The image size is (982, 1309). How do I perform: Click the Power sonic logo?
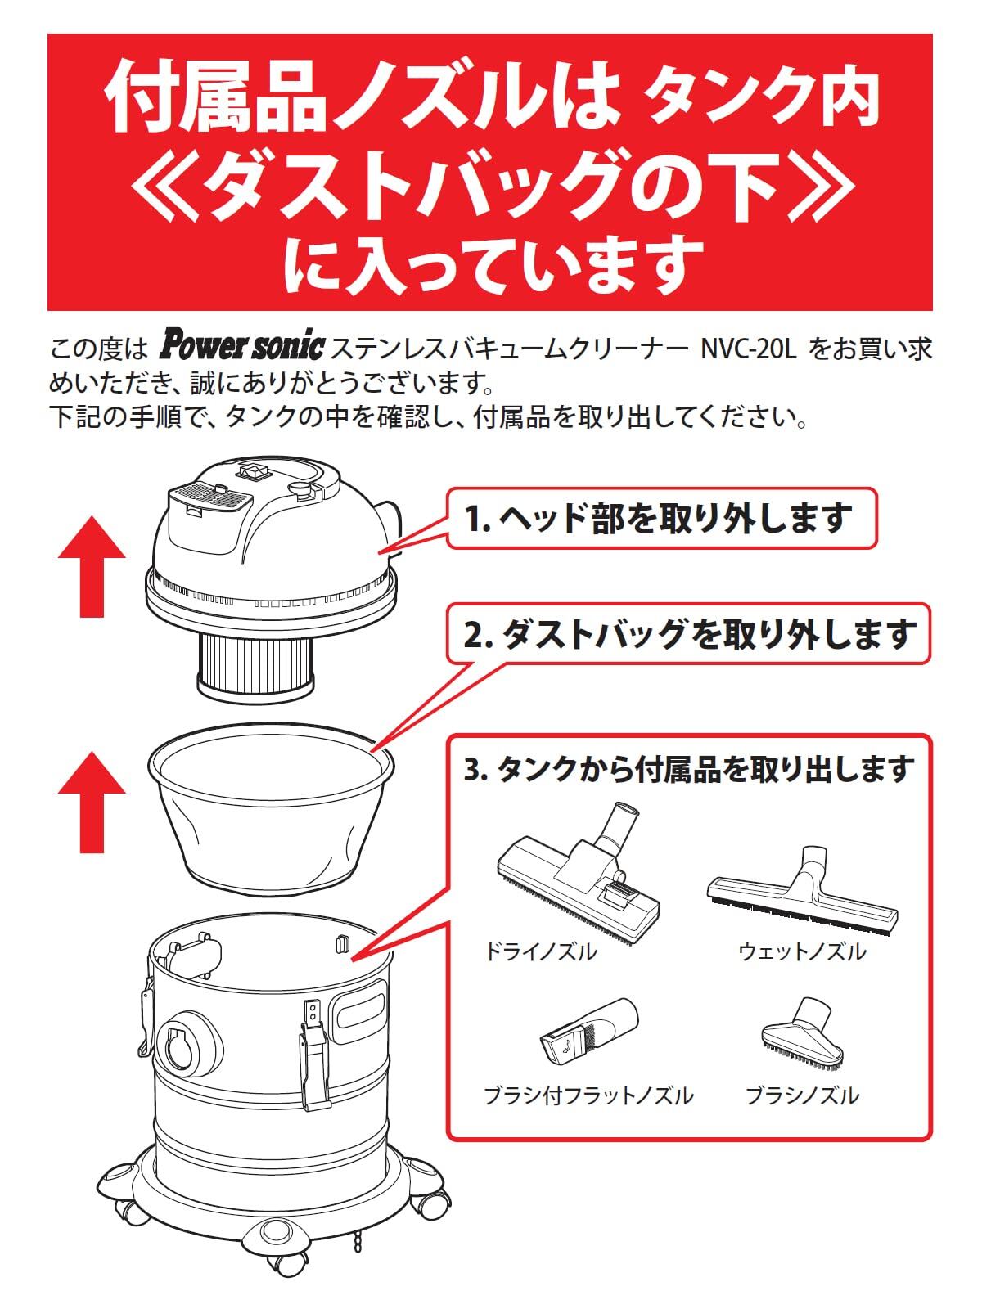pyautogui.click(x=241, y=347)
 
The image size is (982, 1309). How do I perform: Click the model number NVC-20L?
pyautogui.click(x=748, y=349)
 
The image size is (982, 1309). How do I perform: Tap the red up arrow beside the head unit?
pyautogui.click(x=92, y=566)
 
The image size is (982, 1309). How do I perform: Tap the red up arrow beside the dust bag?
pyautogui.click(x=92, y=802)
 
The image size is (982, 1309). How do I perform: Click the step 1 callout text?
pyautogui.click(x=658, y=518)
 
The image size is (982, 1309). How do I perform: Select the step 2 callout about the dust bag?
pyautogui.click(x=690, y=634)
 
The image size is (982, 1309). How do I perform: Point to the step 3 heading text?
pyautogui.click(x=689, y=769)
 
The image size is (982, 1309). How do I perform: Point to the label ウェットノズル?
pyautogui.click(x=802, y=951)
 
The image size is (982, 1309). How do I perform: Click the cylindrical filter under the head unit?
pyautogui.click(x=255, y=664)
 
